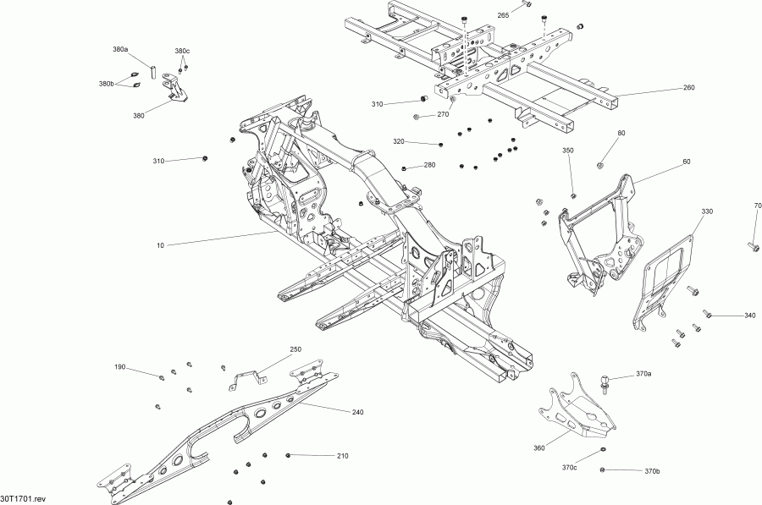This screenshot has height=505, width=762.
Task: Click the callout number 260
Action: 688,88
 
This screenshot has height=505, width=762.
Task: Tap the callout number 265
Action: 503,16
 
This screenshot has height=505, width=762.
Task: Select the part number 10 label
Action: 160,245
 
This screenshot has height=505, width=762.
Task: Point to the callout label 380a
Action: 120,50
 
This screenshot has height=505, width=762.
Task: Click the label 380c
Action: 182,51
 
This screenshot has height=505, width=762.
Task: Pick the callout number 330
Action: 707,211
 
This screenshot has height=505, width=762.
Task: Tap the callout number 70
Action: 758,206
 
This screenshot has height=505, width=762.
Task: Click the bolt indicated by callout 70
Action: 753,246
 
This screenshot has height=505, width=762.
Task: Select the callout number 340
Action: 749,316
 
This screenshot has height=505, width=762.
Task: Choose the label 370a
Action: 643,373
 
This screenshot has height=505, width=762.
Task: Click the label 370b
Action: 652,471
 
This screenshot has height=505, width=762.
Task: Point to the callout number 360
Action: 539,449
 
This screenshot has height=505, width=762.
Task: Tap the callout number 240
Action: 358,412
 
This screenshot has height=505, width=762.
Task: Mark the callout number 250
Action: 295,349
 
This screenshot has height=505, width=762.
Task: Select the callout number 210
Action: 342,456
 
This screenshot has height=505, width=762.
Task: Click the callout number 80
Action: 621,134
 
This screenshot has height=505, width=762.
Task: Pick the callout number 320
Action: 399,141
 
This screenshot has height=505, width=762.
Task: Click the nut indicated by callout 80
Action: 599,164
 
